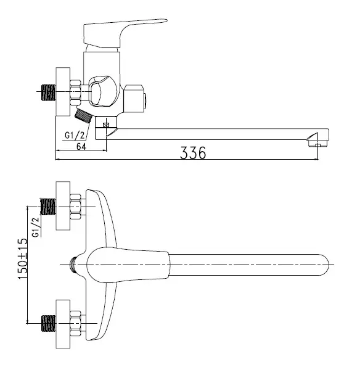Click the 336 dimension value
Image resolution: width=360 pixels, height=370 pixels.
click(x=193, y=153)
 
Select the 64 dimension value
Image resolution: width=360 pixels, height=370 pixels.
click(x=81, y=147)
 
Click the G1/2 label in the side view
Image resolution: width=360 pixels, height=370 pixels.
click(x=75, y=136)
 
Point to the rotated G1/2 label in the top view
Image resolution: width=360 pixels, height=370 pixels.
click(x=36, y=227)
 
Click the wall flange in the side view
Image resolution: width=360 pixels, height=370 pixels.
click(x=63, y=92)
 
